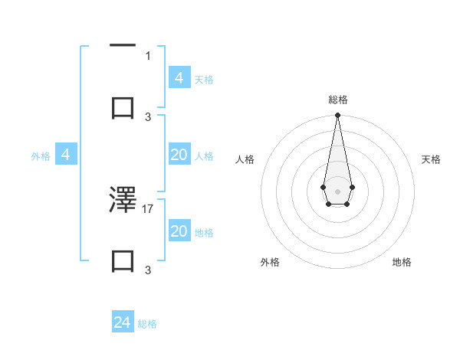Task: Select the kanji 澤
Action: point(123,200)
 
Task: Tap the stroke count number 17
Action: point(148,208)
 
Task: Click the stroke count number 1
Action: point(148,55)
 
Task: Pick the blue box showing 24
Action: point(123,322)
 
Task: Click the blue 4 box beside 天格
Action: point(179,77)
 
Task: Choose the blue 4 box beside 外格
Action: point(66,155)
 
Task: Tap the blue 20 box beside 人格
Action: point(179,155)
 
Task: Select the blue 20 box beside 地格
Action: point(179,231)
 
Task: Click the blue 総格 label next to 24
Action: point(147,324)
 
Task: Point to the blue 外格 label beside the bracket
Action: point(41,156)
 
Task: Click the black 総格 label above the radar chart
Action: point(337,100)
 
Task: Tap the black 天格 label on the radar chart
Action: point(432,159)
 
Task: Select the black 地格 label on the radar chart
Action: point(402,262)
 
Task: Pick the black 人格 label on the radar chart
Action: point(245,159)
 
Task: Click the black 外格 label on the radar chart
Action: point(270,262)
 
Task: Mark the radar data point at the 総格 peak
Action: point(337,115)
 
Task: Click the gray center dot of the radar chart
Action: point(337,190)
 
